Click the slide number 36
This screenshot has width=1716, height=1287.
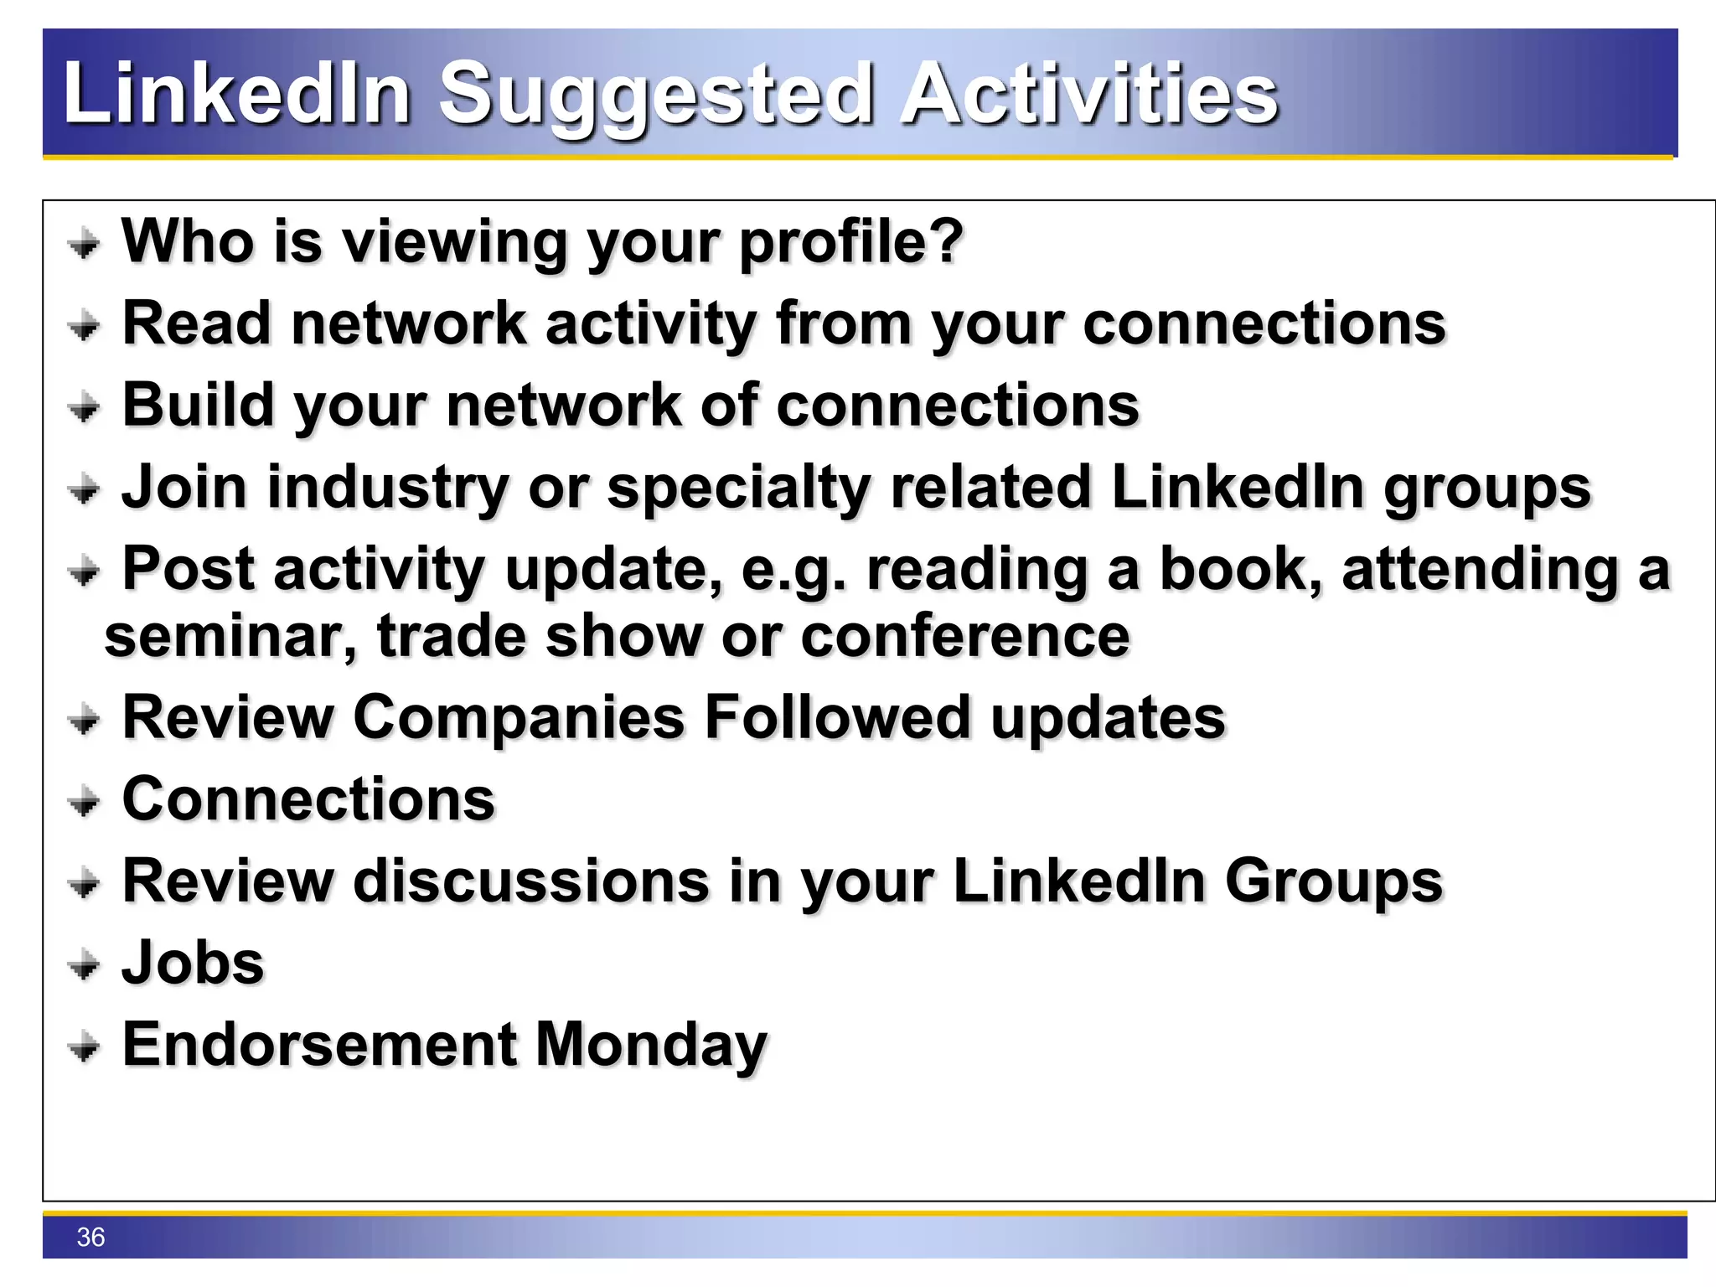[x=90, y=1237]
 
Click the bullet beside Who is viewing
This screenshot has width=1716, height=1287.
[x=84, y=246]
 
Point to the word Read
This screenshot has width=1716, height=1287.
[x=197, y=323]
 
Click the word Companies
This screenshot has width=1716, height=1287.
[x=519, y=719]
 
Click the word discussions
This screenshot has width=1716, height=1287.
[x=532, y=881]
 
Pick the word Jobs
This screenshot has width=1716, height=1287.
[x=193, y=963]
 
